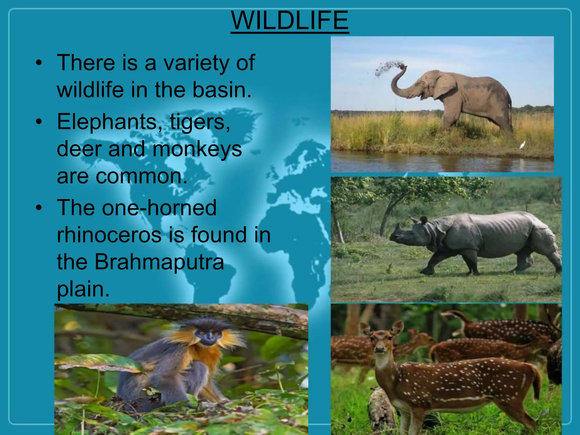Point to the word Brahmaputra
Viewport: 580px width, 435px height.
159,262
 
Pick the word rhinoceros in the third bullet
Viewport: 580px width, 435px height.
109,235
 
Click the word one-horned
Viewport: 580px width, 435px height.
159,208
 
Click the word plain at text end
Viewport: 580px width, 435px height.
83,289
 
